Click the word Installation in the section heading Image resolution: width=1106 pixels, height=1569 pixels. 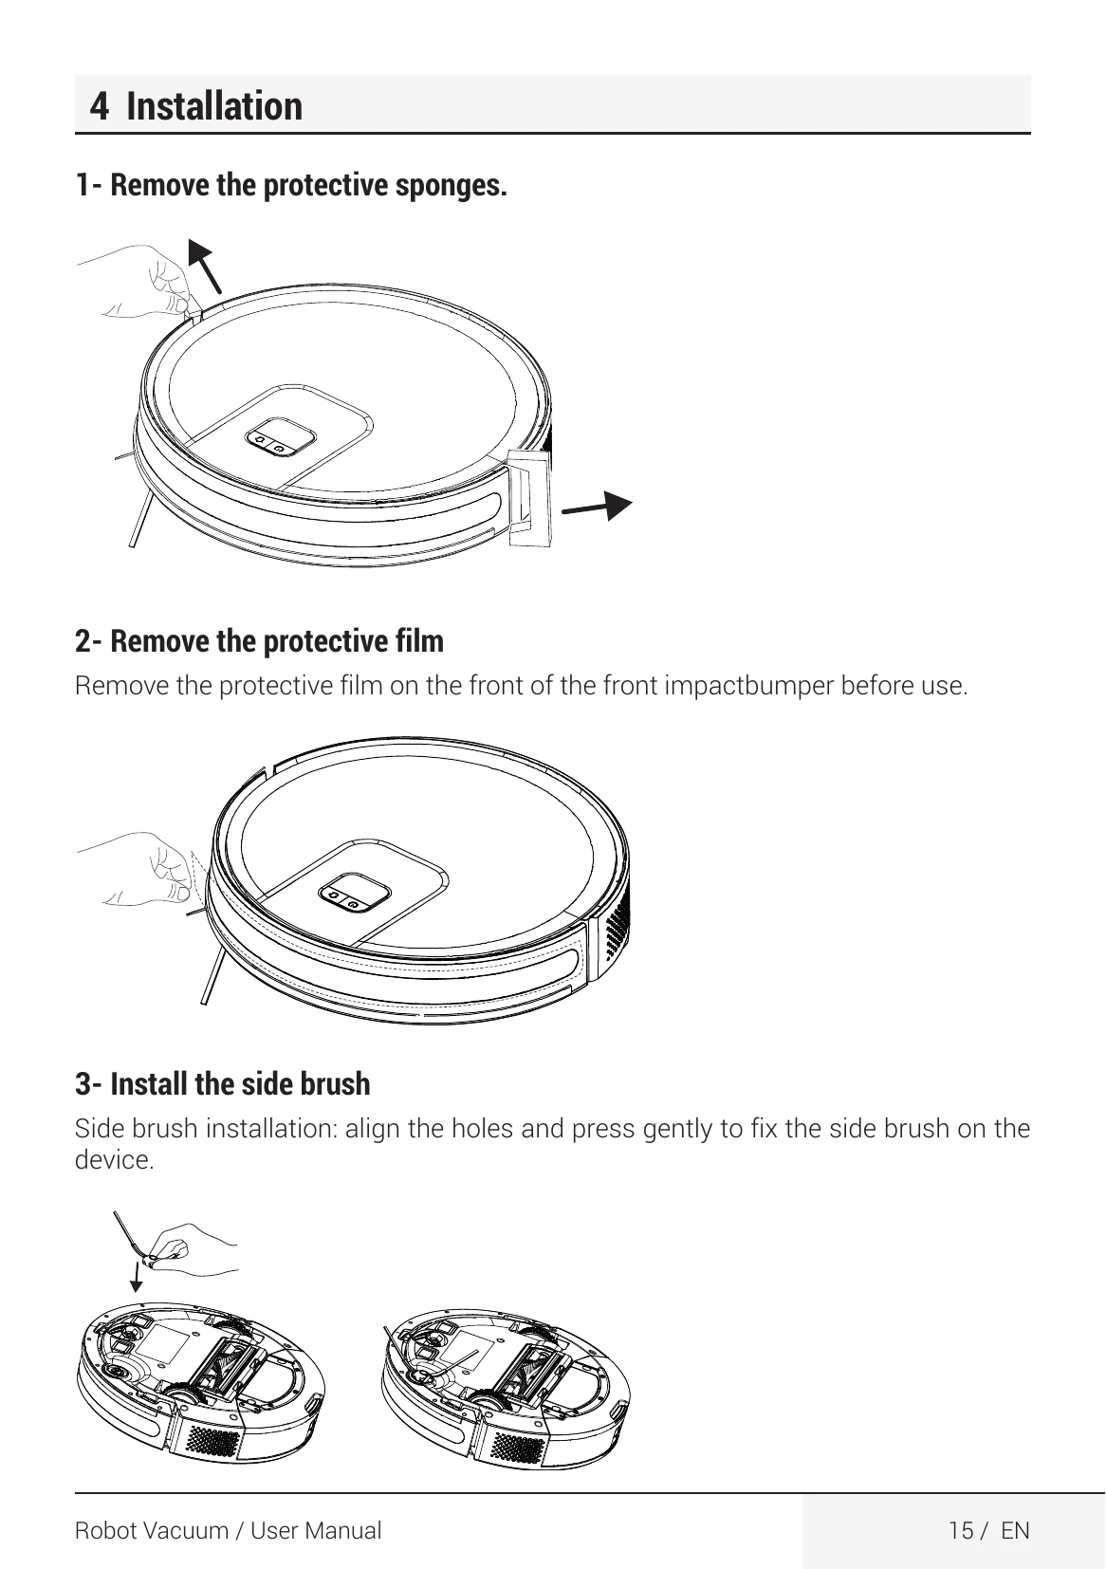(214, 106)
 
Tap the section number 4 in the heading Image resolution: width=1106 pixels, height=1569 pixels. (100, 106)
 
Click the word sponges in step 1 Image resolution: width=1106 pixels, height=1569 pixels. (452, 186)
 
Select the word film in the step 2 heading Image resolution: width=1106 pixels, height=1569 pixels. (420, 641)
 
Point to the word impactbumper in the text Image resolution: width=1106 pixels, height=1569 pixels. (748, 686)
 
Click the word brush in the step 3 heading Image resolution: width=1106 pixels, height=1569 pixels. (336, 1083)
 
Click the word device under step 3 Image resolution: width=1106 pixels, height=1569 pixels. (114, 1160)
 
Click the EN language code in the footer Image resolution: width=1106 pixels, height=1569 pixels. (1015, 1530)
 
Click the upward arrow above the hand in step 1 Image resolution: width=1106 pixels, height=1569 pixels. (205, 266)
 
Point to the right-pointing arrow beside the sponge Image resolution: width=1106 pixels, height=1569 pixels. (597, 506)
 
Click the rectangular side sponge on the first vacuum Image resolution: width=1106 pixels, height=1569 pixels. (530, 498)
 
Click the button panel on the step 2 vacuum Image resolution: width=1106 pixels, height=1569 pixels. (355, 893)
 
